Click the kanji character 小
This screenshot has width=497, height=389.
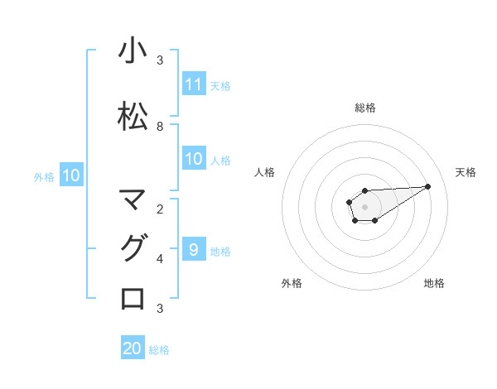[133, 52]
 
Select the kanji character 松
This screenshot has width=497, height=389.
[133, 116]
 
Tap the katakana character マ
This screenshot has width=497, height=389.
[133, 199]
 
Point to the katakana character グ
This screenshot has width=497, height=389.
[133, 248]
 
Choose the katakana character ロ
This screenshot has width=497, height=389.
[133, 298]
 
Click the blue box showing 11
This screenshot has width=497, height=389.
[194, 84]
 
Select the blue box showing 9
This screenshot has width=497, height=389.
[194, 249]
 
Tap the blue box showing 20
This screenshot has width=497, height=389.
[133, 348]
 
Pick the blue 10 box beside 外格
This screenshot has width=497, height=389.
[70, 175]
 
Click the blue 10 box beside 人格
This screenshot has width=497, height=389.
[194, 159]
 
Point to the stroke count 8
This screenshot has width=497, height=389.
[160, 127]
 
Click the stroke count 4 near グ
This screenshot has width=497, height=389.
[160, 259]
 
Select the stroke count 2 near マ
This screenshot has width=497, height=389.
[160, 209]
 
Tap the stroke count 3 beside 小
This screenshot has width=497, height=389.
[160, 60]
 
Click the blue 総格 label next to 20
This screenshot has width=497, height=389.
[159, 350]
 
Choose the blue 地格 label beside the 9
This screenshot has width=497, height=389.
[220, 251]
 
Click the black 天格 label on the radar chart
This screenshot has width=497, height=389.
[466, 172]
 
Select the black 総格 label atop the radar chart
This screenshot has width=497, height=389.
[364, 108]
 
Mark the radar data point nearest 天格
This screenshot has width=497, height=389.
[428, 185]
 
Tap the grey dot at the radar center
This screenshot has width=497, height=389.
[364, 206]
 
